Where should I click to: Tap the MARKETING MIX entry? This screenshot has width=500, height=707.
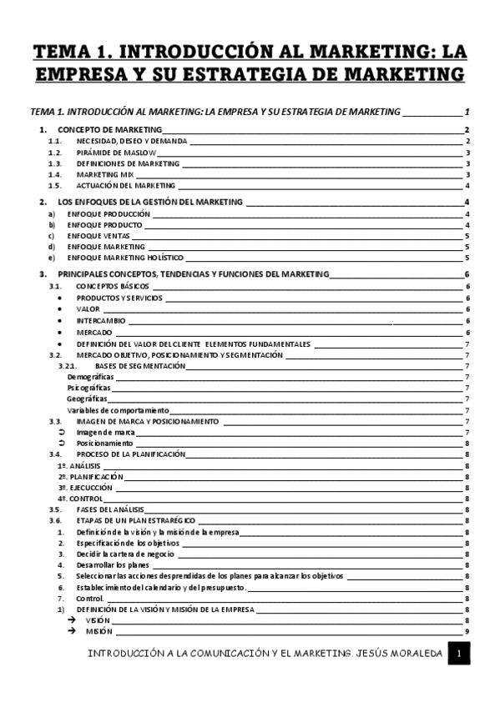coord(104,174)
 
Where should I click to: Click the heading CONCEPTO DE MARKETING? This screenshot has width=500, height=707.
coord(109,131)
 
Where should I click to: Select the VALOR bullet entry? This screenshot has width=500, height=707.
coord(88,308)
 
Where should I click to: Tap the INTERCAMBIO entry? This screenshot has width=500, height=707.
coord(101,319)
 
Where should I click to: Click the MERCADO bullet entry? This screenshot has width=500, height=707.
coord(94,332)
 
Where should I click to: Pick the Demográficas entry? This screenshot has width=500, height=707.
coord(90,377)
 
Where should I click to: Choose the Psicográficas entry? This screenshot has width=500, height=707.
coord(89,388)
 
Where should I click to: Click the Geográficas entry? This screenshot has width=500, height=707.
coord(87,399)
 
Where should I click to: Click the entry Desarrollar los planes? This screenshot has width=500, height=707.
coord(113,564)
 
